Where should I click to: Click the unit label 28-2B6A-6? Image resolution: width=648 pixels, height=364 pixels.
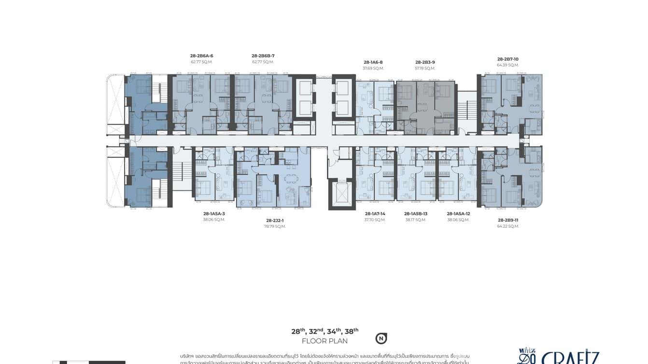(201, 56)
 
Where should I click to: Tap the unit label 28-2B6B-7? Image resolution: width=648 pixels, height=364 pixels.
(263, 56)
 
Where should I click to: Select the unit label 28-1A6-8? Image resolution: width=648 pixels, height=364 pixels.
(373, 62)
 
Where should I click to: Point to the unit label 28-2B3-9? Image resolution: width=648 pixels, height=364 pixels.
(425, 62)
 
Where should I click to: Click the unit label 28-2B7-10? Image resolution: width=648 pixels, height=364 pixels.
(507, 59)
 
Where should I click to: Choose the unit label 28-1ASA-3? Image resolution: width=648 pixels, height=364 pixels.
(214, 213)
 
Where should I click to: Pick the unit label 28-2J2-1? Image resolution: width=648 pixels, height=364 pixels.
(275, 220)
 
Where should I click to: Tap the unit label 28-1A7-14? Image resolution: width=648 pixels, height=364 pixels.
(375, 213)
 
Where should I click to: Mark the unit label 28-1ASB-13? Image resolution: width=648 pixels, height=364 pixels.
(416, 213)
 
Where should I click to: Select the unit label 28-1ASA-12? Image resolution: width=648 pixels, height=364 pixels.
(458, 213)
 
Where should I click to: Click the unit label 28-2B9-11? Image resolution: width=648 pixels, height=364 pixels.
(507, 220)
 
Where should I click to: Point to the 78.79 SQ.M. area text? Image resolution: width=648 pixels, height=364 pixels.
(275, 226)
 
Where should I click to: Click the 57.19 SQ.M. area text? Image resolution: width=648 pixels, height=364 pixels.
(425, 69)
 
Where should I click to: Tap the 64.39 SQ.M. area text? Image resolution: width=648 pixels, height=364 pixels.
(507, 65)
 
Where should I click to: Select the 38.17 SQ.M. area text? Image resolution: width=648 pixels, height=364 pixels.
(416, 220)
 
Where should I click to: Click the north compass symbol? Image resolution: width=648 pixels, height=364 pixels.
(381, 338)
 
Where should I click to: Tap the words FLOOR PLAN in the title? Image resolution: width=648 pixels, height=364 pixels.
(324, 341)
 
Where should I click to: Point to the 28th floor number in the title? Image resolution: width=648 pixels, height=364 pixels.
(298, 331)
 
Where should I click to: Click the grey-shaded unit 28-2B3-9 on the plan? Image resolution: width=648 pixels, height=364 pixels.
(425, 104)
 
